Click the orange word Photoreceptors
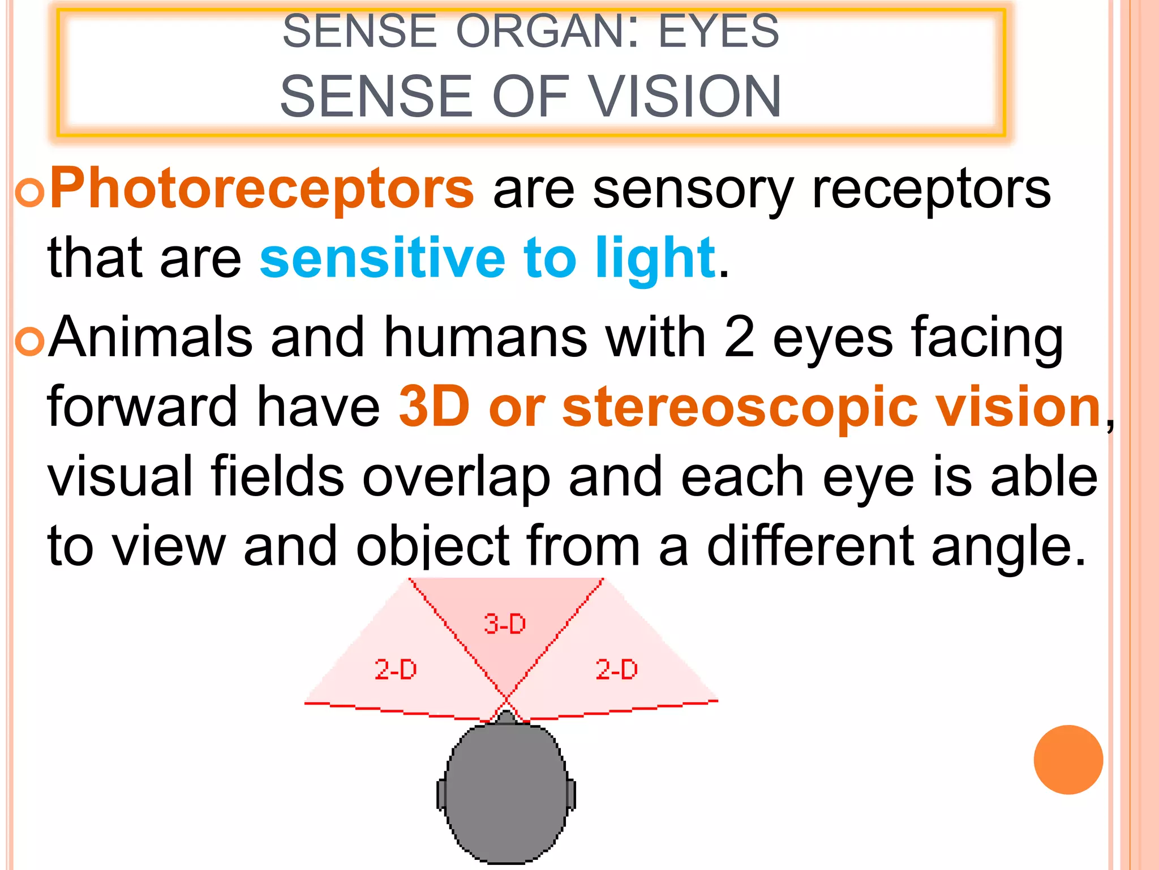261,189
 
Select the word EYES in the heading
719,31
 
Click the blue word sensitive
383,258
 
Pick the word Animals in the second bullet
151,338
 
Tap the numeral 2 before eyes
739,338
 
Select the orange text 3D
434,407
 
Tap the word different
810,546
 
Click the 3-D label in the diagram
505,624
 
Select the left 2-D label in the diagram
396,669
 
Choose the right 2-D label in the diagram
616,669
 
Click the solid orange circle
1068,760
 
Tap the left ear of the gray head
441,794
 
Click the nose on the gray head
506,717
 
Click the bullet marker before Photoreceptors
29,193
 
